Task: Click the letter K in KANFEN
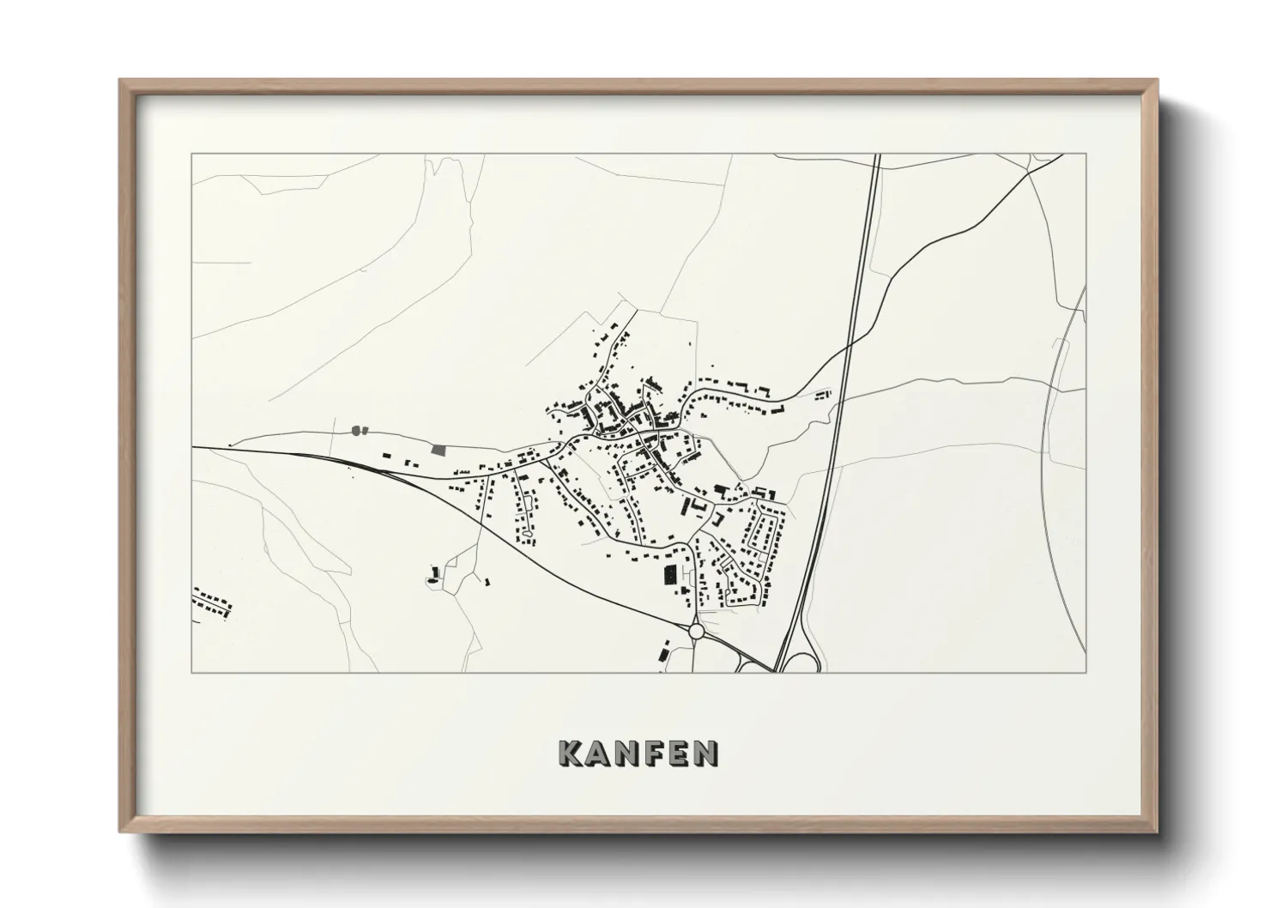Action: pos(571,753)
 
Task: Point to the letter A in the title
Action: pos(597,753)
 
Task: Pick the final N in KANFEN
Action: pos(706,753)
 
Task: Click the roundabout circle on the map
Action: pos(696,632)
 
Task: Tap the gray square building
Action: pos(439,449)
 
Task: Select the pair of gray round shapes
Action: pos(358,428)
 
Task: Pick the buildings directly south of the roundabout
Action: pos(664,650)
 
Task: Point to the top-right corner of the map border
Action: pos(1086,154)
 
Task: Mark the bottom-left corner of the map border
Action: pos(192,672)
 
